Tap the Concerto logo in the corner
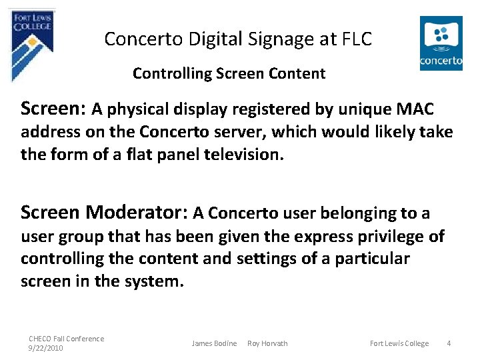tap(441, 43)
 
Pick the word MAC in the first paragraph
tap(415, 109)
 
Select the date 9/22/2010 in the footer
tap(45, 348)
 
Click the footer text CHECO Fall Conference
tap(66, 339)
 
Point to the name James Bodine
tap(214, 343)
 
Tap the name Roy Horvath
tap(267, 343)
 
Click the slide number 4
tap(449, 343)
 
